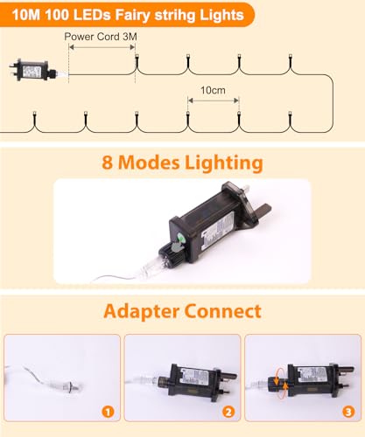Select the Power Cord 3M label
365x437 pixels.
pos(101,38)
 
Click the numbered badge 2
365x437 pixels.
pos(228,412)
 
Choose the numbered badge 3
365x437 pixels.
pos(348,412)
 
